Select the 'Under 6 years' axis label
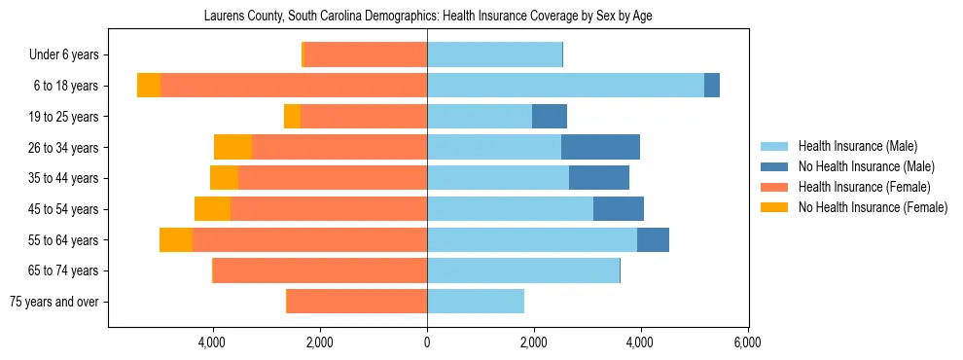coord(69,55)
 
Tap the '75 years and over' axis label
coord(59,302)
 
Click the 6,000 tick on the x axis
coord(747,342)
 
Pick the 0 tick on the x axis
coord(427,342)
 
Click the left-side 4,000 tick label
coord(213,342)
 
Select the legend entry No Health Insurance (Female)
coord(873,207)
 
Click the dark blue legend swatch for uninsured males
coord(775,166)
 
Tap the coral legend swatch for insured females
coord(775,187)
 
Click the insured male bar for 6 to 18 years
coord(565,86)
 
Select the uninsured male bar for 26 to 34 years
coord(600,148)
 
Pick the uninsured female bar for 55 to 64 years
coord(176,240)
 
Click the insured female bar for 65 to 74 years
coord(320,270)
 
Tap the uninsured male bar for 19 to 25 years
coord(550,117)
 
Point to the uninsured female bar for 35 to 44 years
coord(225,178)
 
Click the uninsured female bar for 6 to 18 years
coord(149,86)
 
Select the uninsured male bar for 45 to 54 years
coord(619,209)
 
